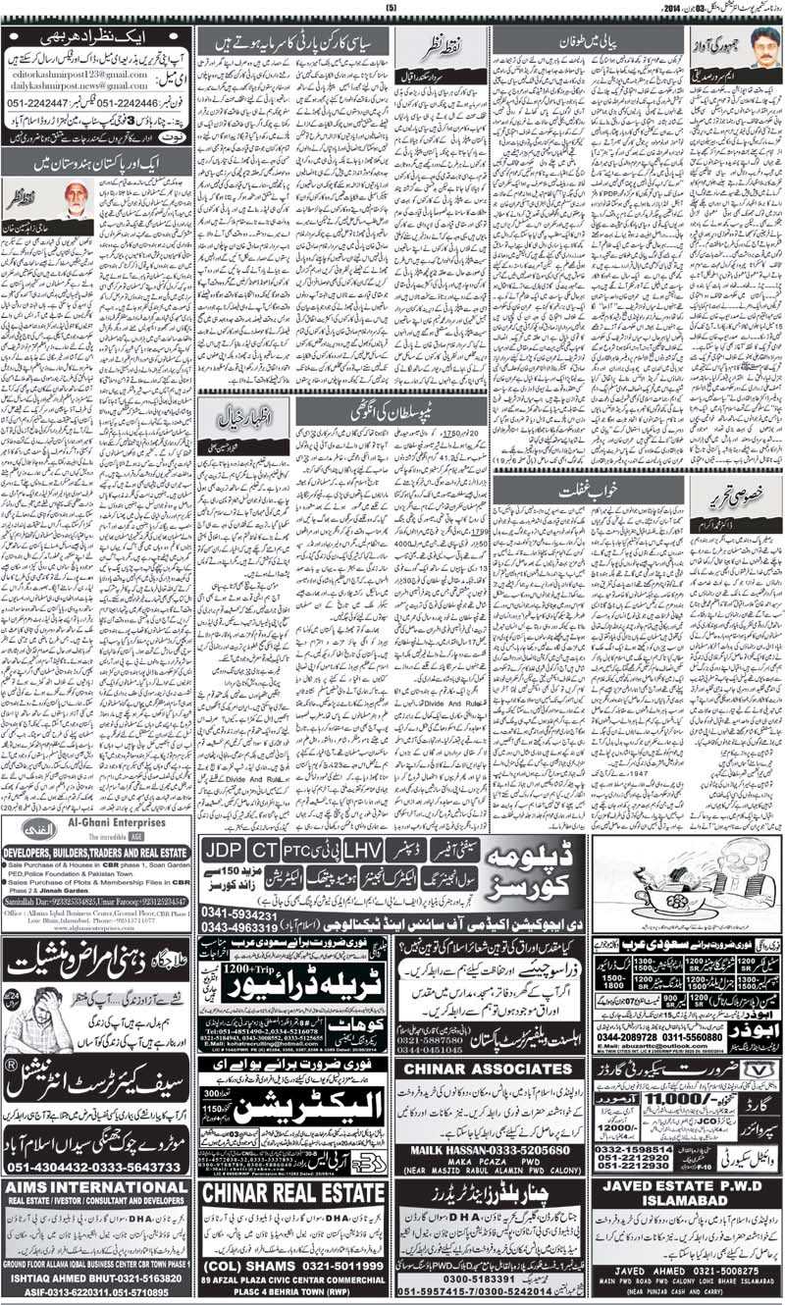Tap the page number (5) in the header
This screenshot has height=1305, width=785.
(391, 9)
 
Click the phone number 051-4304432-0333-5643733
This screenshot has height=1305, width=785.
(95, 1167)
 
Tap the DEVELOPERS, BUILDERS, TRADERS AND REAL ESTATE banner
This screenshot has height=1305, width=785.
(96, 854)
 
